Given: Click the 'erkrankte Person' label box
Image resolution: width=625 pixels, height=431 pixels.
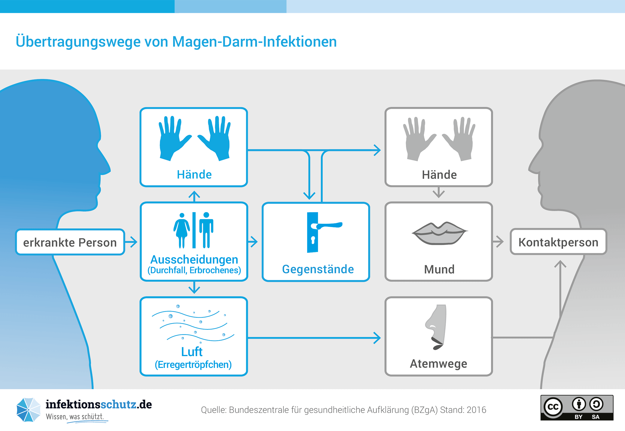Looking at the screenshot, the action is tap(70, 242).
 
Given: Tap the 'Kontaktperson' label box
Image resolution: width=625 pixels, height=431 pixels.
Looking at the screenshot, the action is tap(558, 242).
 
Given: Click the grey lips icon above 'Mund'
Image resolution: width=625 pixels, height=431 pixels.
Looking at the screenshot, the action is tap(439, 233).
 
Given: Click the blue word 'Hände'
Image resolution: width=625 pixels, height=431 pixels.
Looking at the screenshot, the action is tap(194, 174).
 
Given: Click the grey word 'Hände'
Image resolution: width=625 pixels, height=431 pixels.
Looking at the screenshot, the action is tap(439, 175).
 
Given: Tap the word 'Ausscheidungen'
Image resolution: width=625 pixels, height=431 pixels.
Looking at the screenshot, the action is tap(194, 259).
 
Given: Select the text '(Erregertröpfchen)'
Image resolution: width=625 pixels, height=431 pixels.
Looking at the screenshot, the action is tap(193, 365).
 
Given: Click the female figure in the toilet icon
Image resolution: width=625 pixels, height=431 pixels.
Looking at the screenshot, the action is tap(181, 230).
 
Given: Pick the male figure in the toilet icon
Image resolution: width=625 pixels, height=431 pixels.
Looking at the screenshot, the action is tap(206, 230).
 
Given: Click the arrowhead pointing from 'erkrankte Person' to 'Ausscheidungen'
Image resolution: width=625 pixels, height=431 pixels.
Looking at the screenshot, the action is tap(133, 242).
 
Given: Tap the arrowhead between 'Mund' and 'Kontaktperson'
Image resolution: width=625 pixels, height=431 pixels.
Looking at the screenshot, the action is tap(500, 242).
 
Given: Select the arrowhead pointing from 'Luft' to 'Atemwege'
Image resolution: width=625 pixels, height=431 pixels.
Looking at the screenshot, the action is tap(377, 338).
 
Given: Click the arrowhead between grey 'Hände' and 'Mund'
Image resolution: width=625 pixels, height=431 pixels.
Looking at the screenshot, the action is tap(439, 194).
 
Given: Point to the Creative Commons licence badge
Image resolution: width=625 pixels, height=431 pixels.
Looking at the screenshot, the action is tap(577, 408).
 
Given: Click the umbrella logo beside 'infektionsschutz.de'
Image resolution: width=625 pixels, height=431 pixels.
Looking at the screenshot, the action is tap(28, 410).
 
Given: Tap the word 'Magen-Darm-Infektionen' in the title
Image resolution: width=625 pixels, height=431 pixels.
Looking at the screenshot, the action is tap(254, 42).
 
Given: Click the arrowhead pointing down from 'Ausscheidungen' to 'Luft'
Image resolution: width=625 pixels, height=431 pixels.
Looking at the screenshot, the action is tap(194, 289).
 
